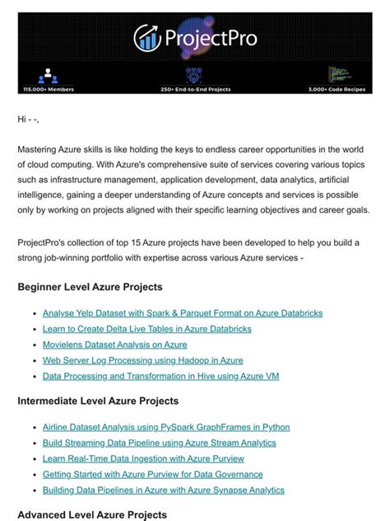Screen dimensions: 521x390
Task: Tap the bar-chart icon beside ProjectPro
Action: [148, 37]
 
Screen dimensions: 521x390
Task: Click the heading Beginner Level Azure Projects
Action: [90, 288]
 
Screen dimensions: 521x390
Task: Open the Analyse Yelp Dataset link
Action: [182, 313]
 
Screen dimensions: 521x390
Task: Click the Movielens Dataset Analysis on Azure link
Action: [114, 345]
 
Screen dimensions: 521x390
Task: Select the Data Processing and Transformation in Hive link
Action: [160, 376]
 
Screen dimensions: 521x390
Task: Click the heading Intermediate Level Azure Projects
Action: [98, 401]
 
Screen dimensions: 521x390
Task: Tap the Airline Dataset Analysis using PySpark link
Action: [165, 427]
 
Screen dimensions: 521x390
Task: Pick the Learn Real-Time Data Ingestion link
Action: [143, 458]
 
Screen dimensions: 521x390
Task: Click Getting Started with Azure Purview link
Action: [152, 474]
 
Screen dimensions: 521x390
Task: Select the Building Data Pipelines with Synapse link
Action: [163, 490]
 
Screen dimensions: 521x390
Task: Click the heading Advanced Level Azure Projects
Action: [91, 514]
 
